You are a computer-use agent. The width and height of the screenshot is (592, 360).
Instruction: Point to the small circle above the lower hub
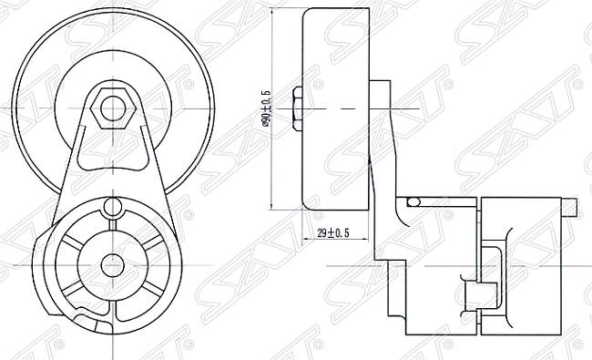pyautogui.click(x=112, y=207)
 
